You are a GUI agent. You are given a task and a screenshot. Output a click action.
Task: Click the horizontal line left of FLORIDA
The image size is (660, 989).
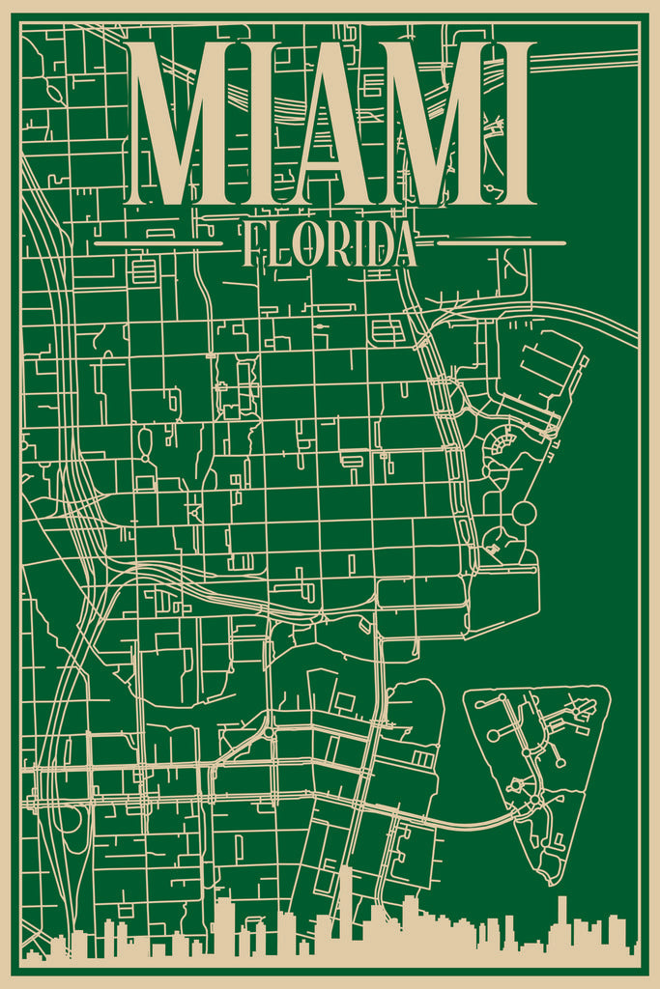pyautogui.click(x=158, y=243)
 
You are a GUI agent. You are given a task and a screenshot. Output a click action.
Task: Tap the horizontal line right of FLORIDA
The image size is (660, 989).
pyautogui.click(x=501, y=243)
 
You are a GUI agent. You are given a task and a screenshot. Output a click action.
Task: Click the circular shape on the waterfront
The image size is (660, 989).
pyautogui.click(x=524, y=513)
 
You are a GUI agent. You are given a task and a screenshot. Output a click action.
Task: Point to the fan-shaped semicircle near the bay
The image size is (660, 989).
pyautogui.click(x=501, y=443)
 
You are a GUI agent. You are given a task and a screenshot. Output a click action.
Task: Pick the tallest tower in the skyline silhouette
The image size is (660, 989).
pyautogui.click(x=345, y=903)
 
